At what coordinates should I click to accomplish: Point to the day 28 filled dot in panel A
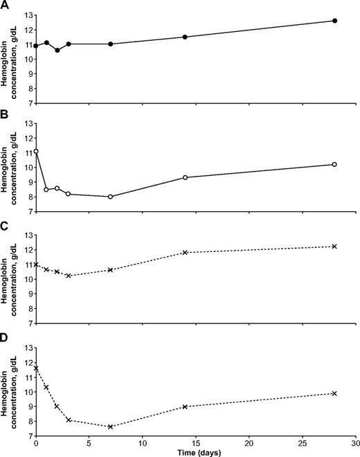[x=334, y=21]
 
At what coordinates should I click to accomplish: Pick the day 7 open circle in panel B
[x=110, y=197]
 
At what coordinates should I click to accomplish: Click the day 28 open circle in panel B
[x=334, y=164]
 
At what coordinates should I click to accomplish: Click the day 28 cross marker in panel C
[x=334, y=247]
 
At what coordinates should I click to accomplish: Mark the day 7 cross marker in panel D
[x=110, y=427]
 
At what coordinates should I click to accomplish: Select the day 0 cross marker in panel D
[x=36, y=368]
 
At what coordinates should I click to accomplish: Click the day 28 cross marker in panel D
[x=334, y=393]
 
